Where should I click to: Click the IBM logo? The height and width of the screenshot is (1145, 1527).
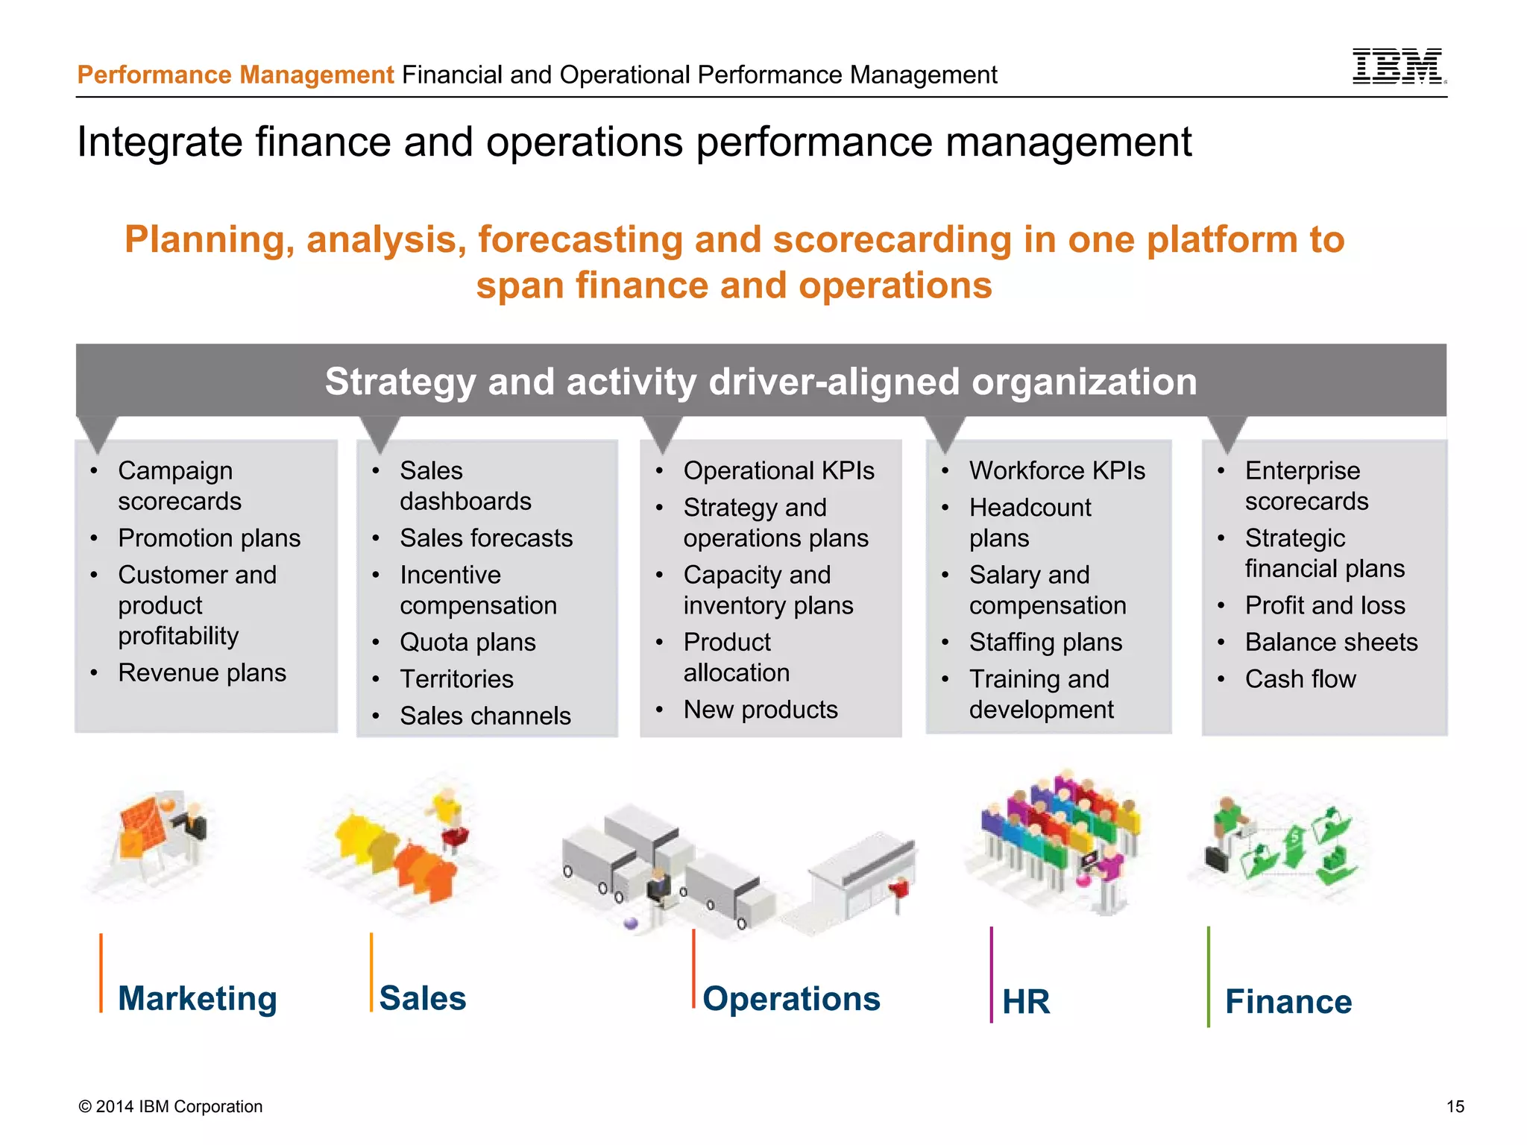pos(1398,66)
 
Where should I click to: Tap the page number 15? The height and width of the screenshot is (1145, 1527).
pos(1455,1106)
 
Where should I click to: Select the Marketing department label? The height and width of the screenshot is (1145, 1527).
pos(198,998)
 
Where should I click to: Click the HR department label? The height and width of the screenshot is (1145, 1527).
pos(1026,1001)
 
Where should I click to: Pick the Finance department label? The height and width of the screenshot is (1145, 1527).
pos(1288,1001)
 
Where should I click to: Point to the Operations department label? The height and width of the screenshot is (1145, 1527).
pos(791,999)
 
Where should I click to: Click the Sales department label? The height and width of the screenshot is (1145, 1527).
pos(423,998)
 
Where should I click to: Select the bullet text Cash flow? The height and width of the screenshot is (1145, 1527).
pos(1300,679)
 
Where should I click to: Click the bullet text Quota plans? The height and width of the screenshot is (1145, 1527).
pos(467,643)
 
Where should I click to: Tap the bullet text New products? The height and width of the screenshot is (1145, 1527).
pos(761,710)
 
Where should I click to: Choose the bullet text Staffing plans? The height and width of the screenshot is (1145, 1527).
pos(1045,643)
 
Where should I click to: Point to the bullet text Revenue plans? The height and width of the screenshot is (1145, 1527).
pos(202,673)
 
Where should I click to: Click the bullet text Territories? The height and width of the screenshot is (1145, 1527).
pos(456,679)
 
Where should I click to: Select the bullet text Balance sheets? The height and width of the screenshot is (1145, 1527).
pos(1331,643)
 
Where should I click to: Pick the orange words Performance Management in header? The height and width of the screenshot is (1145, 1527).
pos(236,75)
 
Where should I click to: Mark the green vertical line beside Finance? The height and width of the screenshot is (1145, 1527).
pos(1209,977)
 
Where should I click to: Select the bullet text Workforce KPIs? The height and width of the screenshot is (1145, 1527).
pos(1057,471)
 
